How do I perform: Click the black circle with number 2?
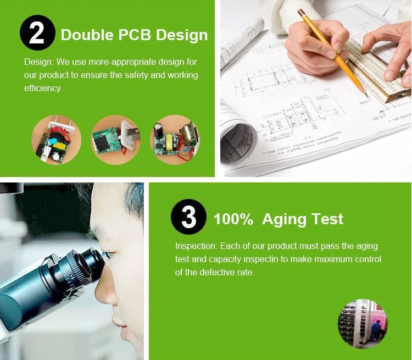click(x=37, y=32)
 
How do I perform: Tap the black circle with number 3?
click(x=188, y=217)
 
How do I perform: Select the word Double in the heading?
click(x=87, y=35)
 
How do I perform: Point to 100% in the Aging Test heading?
click(x=233, y=219)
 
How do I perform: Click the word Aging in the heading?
click(x=285, y=220)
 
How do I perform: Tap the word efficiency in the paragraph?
click(x=43, y=88)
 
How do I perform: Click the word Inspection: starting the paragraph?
click(x=196, y=246)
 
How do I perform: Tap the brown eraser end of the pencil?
click(x=300, y=12)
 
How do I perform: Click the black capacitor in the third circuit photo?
click(x=159, y=129)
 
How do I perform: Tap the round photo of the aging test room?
click(x=363, y=324)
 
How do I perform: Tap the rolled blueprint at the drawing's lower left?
click(x=238, y=140)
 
